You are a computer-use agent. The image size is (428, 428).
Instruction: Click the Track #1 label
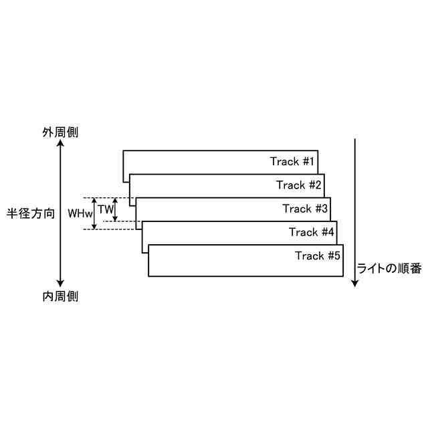click(292, 161)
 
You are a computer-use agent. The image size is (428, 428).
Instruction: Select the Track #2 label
click(299, 185)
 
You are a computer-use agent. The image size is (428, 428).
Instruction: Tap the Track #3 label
click(305, 209)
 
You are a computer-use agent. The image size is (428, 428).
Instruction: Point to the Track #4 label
click(312, 232)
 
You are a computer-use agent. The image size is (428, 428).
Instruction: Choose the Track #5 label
click(318, 255)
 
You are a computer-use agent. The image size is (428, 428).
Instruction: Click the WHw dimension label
click(80, 213)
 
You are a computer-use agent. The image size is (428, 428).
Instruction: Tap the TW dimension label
click(105, 209)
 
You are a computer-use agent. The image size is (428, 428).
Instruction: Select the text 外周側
click(60, 132)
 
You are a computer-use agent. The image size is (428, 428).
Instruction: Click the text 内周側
click(60, 296)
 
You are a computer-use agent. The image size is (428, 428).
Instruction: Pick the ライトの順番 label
click(389, 268)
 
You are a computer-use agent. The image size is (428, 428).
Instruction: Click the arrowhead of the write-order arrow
click(355, 282)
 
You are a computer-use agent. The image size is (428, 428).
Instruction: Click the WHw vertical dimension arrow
click(94, 213)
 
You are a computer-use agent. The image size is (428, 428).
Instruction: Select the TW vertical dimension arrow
click(116, 209)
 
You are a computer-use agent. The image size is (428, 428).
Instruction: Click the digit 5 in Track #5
click(338, 255)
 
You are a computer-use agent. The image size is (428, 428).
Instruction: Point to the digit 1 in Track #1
click(312, 161)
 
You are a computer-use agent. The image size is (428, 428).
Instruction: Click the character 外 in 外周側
click(48, 132)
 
